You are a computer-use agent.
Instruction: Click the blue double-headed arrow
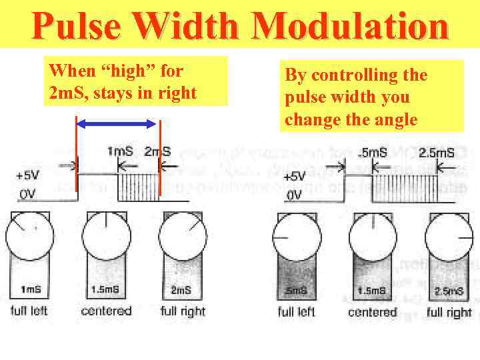pyautogui.click(x=117, y=123)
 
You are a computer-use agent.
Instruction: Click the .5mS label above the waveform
pyautogui.click(x=373, y=153)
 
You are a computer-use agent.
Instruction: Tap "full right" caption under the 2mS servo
pyautogui.click(x=183, y=311)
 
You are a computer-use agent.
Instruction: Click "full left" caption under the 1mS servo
pyautogui.click(x=29, y=311)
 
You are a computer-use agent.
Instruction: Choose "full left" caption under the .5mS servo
pyautogui.click(x=296, y=312)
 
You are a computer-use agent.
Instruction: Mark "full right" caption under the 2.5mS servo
pyautogui.click(x=449, y=312)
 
